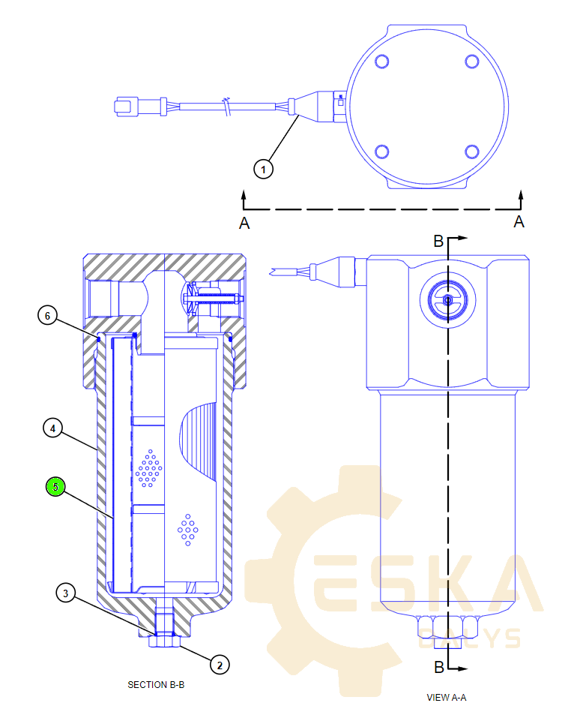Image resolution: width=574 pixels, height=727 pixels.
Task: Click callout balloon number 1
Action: pos(262,170)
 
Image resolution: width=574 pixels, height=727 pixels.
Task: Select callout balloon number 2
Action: pos(218,664)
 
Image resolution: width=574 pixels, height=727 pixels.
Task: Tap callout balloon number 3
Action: pos(67,593)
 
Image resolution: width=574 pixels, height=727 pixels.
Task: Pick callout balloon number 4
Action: pos(52,428)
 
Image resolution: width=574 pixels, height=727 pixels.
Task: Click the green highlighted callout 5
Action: pos(55,487)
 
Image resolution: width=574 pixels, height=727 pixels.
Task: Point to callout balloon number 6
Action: pos(47,316)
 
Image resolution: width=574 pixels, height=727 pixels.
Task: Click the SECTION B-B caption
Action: pos(156,684)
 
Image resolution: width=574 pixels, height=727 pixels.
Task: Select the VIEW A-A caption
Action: pos(447,697)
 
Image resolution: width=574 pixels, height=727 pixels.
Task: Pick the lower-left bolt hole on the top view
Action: pos(381,152)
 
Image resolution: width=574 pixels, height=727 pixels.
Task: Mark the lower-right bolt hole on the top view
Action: pos(472,152)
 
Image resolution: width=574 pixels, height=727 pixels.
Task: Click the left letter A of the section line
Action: pos(244,222)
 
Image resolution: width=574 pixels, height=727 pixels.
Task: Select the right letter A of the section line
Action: pos(519,221)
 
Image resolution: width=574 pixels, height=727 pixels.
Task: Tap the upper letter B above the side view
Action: pos(439,241)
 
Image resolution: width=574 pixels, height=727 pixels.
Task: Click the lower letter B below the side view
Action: pos(439,666)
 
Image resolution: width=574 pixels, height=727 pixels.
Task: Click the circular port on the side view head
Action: pos(447,300)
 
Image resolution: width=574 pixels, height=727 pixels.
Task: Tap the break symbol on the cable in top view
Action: pos(228,107)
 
